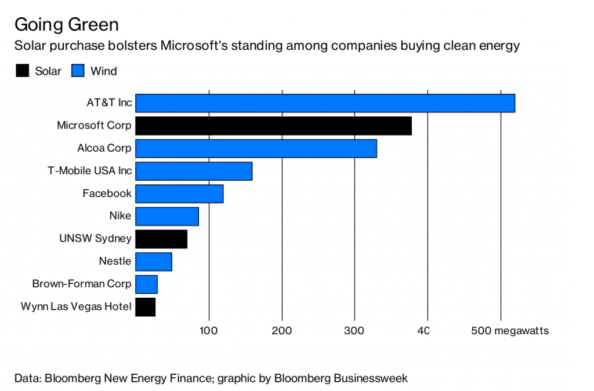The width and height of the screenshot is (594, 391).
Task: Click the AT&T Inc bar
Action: [325, 103]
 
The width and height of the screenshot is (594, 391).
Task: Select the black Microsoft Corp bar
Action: [273, 126]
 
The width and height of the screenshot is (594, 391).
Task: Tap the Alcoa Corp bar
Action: [256, 148]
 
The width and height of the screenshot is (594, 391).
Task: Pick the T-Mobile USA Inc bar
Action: [194, 171]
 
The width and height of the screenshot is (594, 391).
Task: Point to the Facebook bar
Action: [179, 193]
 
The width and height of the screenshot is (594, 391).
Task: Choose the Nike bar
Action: [167, 216]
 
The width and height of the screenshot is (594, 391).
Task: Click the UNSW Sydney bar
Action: [161, 239]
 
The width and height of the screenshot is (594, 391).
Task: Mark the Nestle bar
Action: [154, 261]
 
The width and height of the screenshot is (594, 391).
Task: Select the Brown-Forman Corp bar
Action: [146, 284]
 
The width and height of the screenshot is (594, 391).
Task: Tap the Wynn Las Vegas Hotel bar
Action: [145, 306]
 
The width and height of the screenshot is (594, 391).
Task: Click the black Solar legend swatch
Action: [23, 71]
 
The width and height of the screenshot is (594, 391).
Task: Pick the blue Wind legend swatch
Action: [78, 71]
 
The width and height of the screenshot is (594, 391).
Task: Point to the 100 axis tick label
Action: [208, 331]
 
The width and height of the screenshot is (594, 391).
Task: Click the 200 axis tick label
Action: [282, 331]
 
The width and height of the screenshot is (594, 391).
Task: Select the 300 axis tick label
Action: [354, 331]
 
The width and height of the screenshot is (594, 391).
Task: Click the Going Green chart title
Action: [66, 24]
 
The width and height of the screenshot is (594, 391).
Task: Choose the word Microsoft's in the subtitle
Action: [193, 46]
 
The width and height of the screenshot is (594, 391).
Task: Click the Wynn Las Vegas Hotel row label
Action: [76, 306]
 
